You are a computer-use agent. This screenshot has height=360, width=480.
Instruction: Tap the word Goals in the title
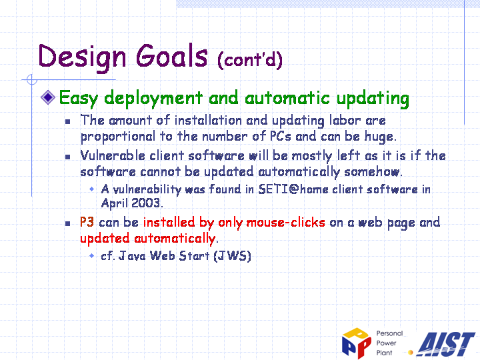(x=172, y=55)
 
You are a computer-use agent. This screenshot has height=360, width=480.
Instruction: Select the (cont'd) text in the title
(x=250, y=59)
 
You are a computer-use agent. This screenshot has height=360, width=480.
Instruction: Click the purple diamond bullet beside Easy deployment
(x=48, y=97)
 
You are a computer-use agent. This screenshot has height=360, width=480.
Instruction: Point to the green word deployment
(x=153, y=99)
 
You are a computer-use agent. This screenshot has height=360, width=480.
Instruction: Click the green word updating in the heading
(x=373, y=99)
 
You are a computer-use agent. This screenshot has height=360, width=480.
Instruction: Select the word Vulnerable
(x=113, y=155)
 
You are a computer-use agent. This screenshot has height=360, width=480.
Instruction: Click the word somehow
(x=373, y=172)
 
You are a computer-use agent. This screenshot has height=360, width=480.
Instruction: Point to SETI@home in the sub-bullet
(x=293, y=189)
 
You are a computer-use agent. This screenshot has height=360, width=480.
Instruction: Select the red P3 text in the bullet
(x=87, y=222)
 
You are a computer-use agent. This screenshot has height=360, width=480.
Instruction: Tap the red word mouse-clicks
(x=285, y=222)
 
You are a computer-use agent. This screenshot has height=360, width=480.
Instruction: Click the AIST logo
(x=445, y=344)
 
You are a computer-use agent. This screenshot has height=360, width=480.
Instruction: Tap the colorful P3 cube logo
(x=357, y=343)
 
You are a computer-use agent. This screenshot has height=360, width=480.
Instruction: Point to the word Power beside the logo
(x=386, y=343)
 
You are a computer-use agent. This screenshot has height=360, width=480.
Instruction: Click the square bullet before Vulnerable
(x=67, y=157)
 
